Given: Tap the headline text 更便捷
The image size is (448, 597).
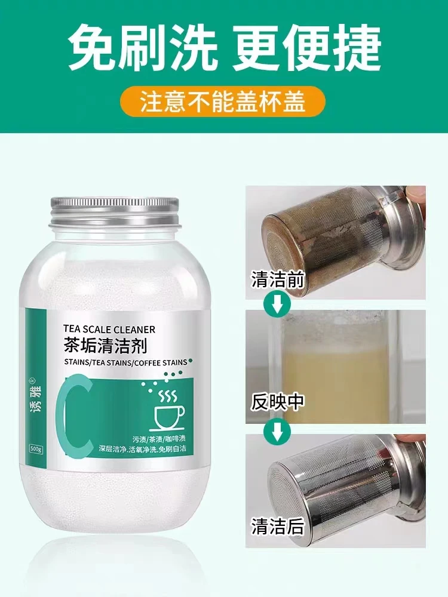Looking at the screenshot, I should click(308, 47).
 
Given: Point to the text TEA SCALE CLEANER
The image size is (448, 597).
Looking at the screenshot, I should click(109, 329).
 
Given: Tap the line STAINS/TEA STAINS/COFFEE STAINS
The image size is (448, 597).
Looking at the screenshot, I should click(125, 362).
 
